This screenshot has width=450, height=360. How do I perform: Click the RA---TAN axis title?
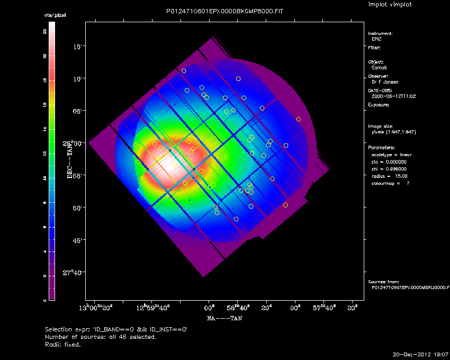[224, 319]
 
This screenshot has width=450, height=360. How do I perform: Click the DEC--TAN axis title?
[69, 159]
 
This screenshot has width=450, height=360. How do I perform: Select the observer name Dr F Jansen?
[385, 82]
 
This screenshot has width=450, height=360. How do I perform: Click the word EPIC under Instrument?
[376, 39]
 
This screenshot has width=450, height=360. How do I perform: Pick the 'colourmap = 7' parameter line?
[391, 183]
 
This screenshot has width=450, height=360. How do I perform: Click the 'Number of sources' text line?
[101, 337]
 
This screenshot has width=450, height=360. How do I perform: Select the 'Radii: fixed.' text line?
[63, 344]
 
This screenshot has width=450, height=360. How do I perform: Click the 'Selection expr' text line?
[116, 329]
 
